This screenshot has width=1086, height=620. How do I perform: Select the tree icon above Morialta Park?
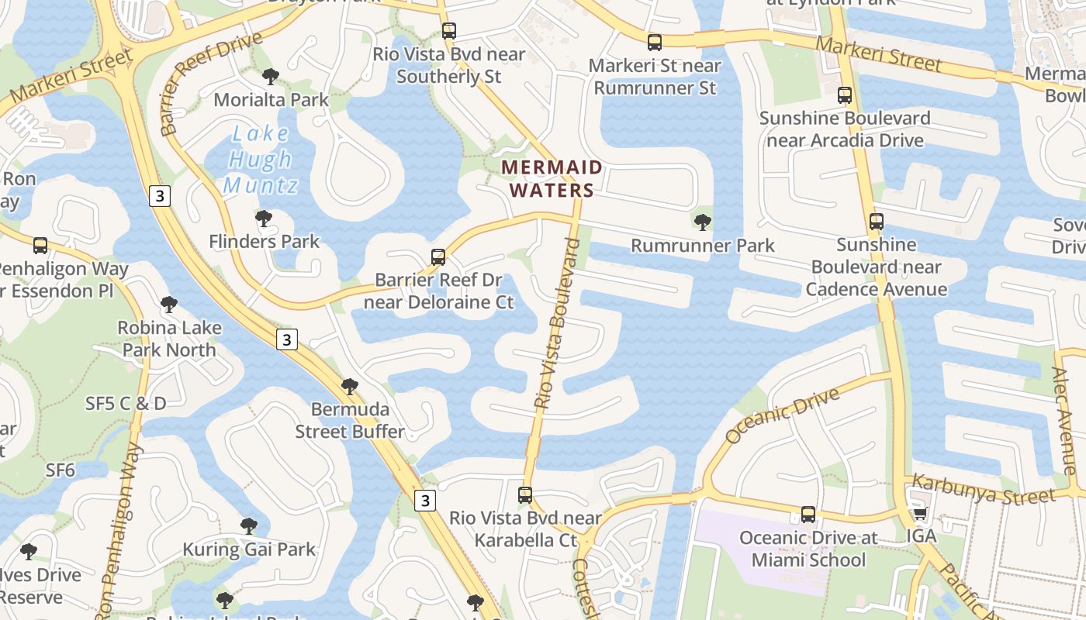click(x=271, y=76)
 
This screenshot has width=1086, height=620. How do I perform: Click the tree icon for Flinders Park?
click(x=264, y=219)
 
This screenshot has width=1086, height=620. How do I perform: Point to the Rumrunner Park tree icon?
click(x=703, y=222)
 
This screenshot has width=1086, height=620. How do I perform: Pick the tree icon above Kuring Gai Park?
click(x=249, y=526)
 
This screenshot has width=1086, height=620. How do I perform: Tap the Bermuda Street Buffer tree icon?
click(x=350, y=386)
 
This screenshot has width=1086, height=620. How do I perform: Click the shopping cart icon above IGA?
click(x=921, y=513)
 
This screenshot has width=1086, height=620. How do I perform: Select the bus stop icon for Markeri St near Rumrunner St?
click(x=655, y=42)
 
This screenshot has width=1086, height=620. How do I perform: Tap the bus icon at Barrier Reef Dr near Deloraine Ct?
click(x=438, y=257)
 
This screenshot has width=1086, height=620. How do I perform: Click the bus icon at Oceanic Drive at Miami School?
click(x=808, y=515)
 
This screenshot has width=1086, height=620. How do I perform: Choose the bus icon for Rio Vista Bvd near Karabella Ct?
click(x=525, y=494)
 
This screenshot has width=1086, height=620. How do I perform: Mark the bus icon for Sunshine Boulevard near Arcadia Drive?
click(x=845, y=95)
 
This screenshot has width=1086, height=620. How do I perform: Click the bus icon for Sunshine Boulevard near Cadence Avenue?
click(x=877, y=222)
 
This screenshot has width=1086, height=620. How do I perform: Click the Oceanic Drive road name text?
click(x=782, y=415)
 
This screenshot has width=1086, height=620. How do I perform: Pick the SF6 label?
click(x=61, y=470)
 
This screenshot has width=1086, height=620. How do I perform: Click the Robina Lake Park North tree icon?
click(x=168, y=305)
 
